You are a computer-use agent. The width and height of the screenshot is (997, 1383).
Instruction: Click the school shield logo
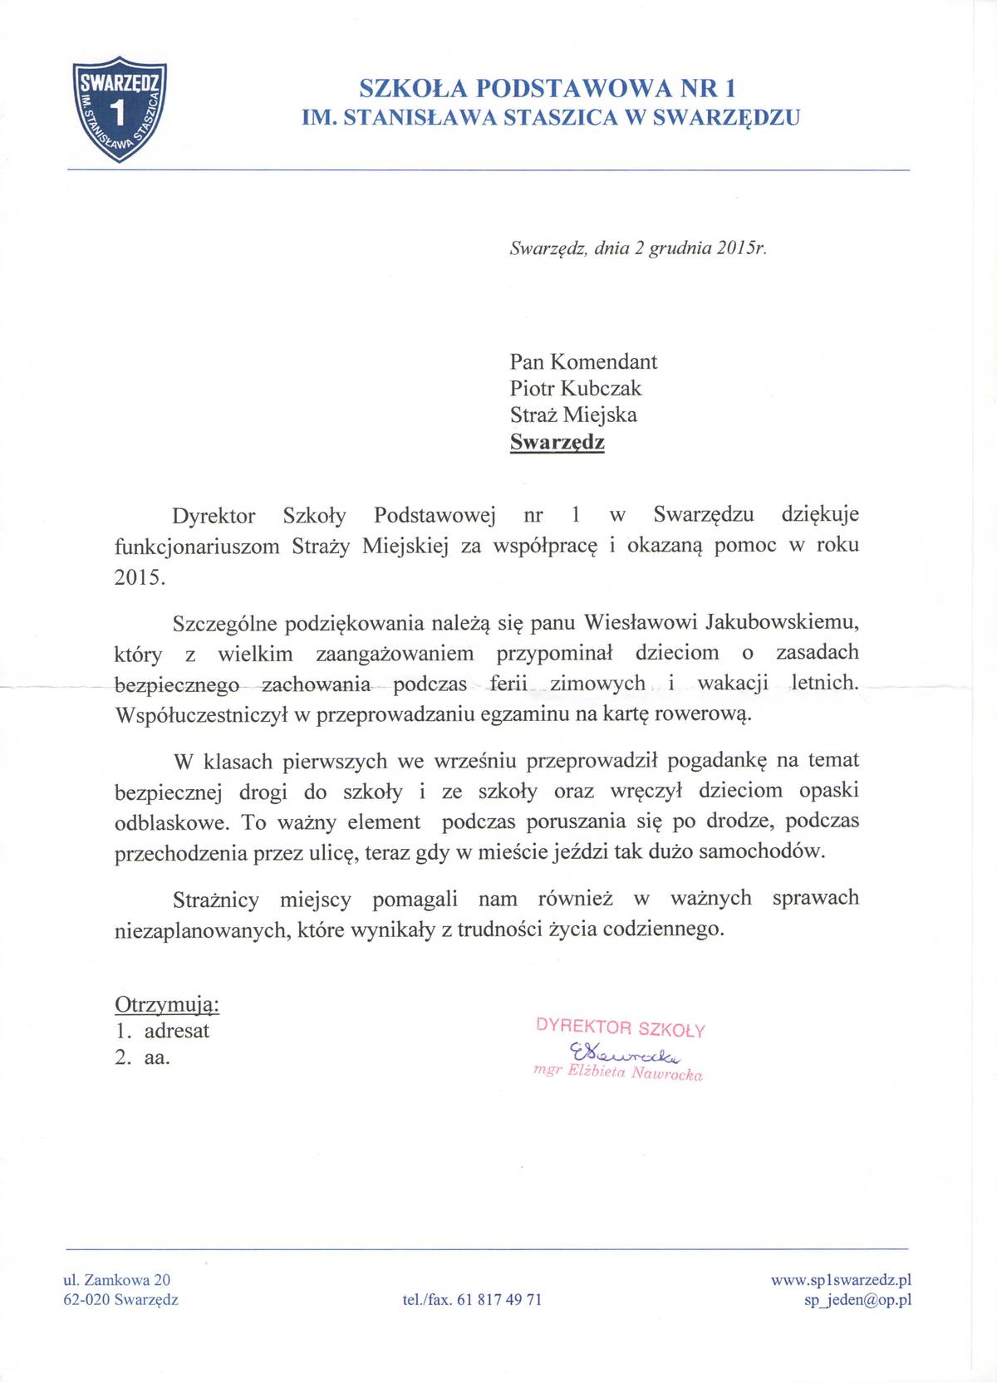click(x=121, y=107)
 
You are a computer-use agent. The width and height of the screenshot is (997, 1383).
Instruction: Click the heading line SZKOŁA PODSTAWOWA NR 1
click(x=548, y=88)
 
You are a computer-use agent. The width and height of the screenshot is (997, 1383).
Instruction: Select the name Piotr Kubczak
click(x=575, y=388)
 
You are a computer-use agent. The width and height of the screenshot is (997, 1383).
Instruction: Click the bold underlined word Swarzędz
click(x=557, y=442)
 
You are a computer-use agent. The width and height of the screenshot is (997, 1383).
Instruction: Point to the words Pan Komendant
click(x=583, y=361)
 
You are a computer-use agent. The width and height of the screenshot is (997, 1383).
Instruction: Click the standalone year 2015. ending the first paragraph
click(x=140, y=577)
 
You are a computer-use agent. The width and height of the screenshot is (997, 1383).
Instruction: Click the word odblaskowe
click(x=172, y=822)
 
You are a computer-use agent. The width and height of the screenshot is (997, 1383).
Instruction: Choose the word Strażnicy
click(x=216, y=899)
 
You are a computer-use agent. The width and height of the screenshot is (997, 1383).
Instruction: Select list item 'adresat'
click(x=176, y=1031)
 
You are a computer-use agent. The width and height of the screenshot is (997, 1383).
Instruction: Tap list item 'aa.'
click(x=157, y=1057)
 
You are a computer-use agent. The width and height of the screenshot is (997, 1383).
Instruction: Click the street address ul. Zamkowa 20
click(x=117, y=1280)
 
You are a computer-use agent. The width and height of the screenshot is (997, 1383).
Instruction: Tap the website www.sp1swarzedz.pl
click(x=841, y=1280)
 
